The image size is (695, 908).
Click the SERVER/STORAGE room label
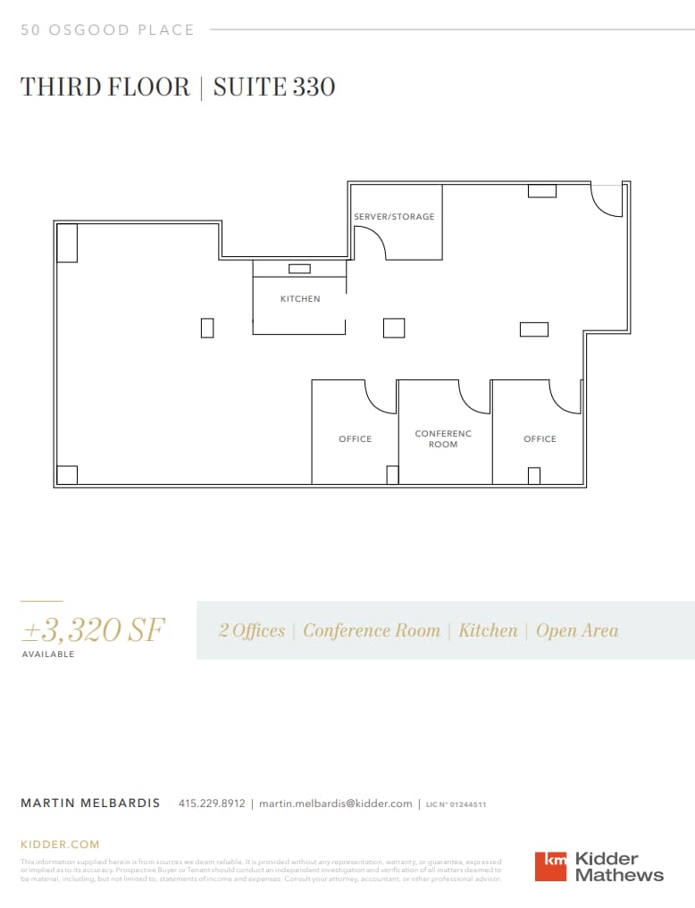[394, 217]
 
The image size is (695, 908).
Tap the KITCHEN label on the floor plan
[300, 299]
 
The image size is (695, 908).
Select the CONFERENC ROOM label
[443, 439]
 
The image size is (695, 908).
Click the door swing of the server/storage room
[370, 241]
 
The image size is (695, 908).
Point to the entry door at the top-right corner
[607, 201]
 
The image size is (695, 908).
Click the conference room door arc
[473, 397]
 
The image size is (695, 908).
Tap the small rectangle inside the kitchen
[299, 269]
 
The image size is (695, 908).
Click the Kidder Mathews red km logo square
[550, 866]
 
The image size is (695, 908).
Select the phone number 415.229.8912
[212, 804]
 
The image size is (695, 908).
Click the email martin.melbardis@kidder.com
[336, 804]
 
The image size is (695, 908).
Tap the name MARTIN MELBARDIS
[90, 804]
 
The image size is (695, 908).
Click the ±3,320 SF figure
[93, 630]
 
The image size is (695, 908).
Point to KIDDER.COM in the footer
[60, 844]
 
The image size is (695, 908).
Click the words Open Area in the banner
[577, 630]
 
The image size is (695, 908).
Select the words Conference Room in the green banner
[372, 630]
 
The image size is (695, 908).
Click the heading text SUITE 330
[274, 87]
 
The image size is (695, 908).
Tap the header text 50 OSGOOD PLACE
[107, 30]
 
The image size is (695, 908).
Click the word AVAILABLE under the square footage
[48, 654]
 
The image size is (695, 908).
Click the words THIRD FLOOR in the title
[105, 87]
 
